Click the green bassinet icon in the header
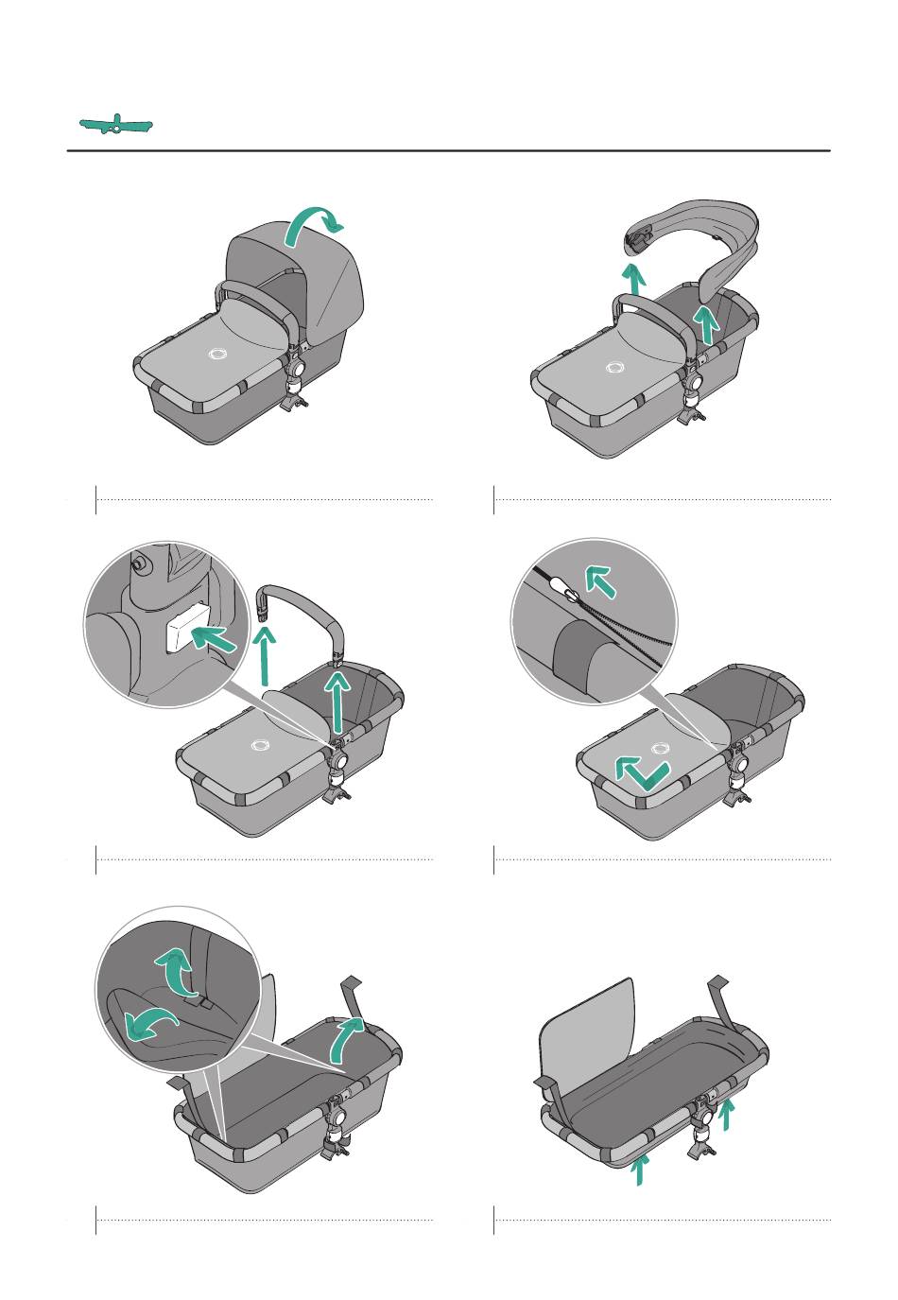[x=115, y=124]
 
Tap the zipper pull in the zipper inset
[x=570, y=594]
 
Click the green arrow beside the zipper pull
[x=600, y=579]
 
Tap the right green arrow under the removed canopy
[x=705, y=324]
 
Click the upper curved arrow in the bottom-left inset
[x=173, y=971]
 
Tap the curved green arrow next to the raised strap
[x=344, y=1037]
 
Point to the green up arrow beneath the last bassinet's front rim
[x=640, y=1170]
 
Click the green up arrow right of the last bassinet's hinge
[x=726, y=1114]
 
